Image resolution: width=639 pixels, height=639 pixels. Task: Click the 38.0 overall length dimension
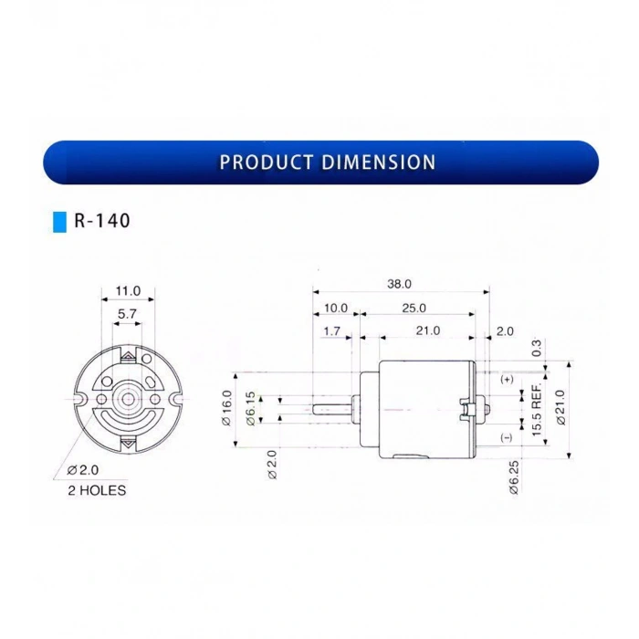(399, 284)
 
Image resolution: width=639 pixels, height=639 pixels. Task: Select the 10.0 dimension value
(335, 309)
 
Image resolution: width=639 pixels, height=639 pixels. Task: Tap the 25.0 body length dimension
(413, 309)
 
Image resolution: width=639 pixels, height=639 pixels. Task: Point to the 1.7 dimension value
(331, 331)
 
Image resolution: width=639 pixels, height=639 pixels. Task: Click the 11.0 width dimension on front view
(128, 291)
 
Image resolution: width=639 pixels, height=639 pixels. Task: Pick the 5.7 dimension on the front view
(128, 313)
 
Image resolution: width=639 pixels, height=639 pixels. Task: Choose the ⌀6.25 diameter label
(514, 477)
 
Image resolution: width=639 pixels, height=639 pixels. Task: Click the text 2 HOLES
(98, 490)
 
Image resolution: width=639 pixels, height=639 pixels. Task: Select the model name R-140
(102, 221)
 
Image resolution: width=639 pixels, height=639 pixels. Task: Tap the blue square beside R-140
(60, 221)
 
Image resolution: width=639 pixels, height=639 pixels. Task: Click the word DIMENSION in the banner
(378, 162)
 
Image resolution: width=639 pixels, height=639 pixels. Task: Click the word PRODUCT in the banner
(267, 162)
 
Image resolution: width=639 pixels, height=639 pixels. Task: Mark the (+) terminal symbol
(507, 379)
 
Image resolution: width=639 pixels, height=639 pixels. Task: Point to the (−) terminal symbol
(507, 438)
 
